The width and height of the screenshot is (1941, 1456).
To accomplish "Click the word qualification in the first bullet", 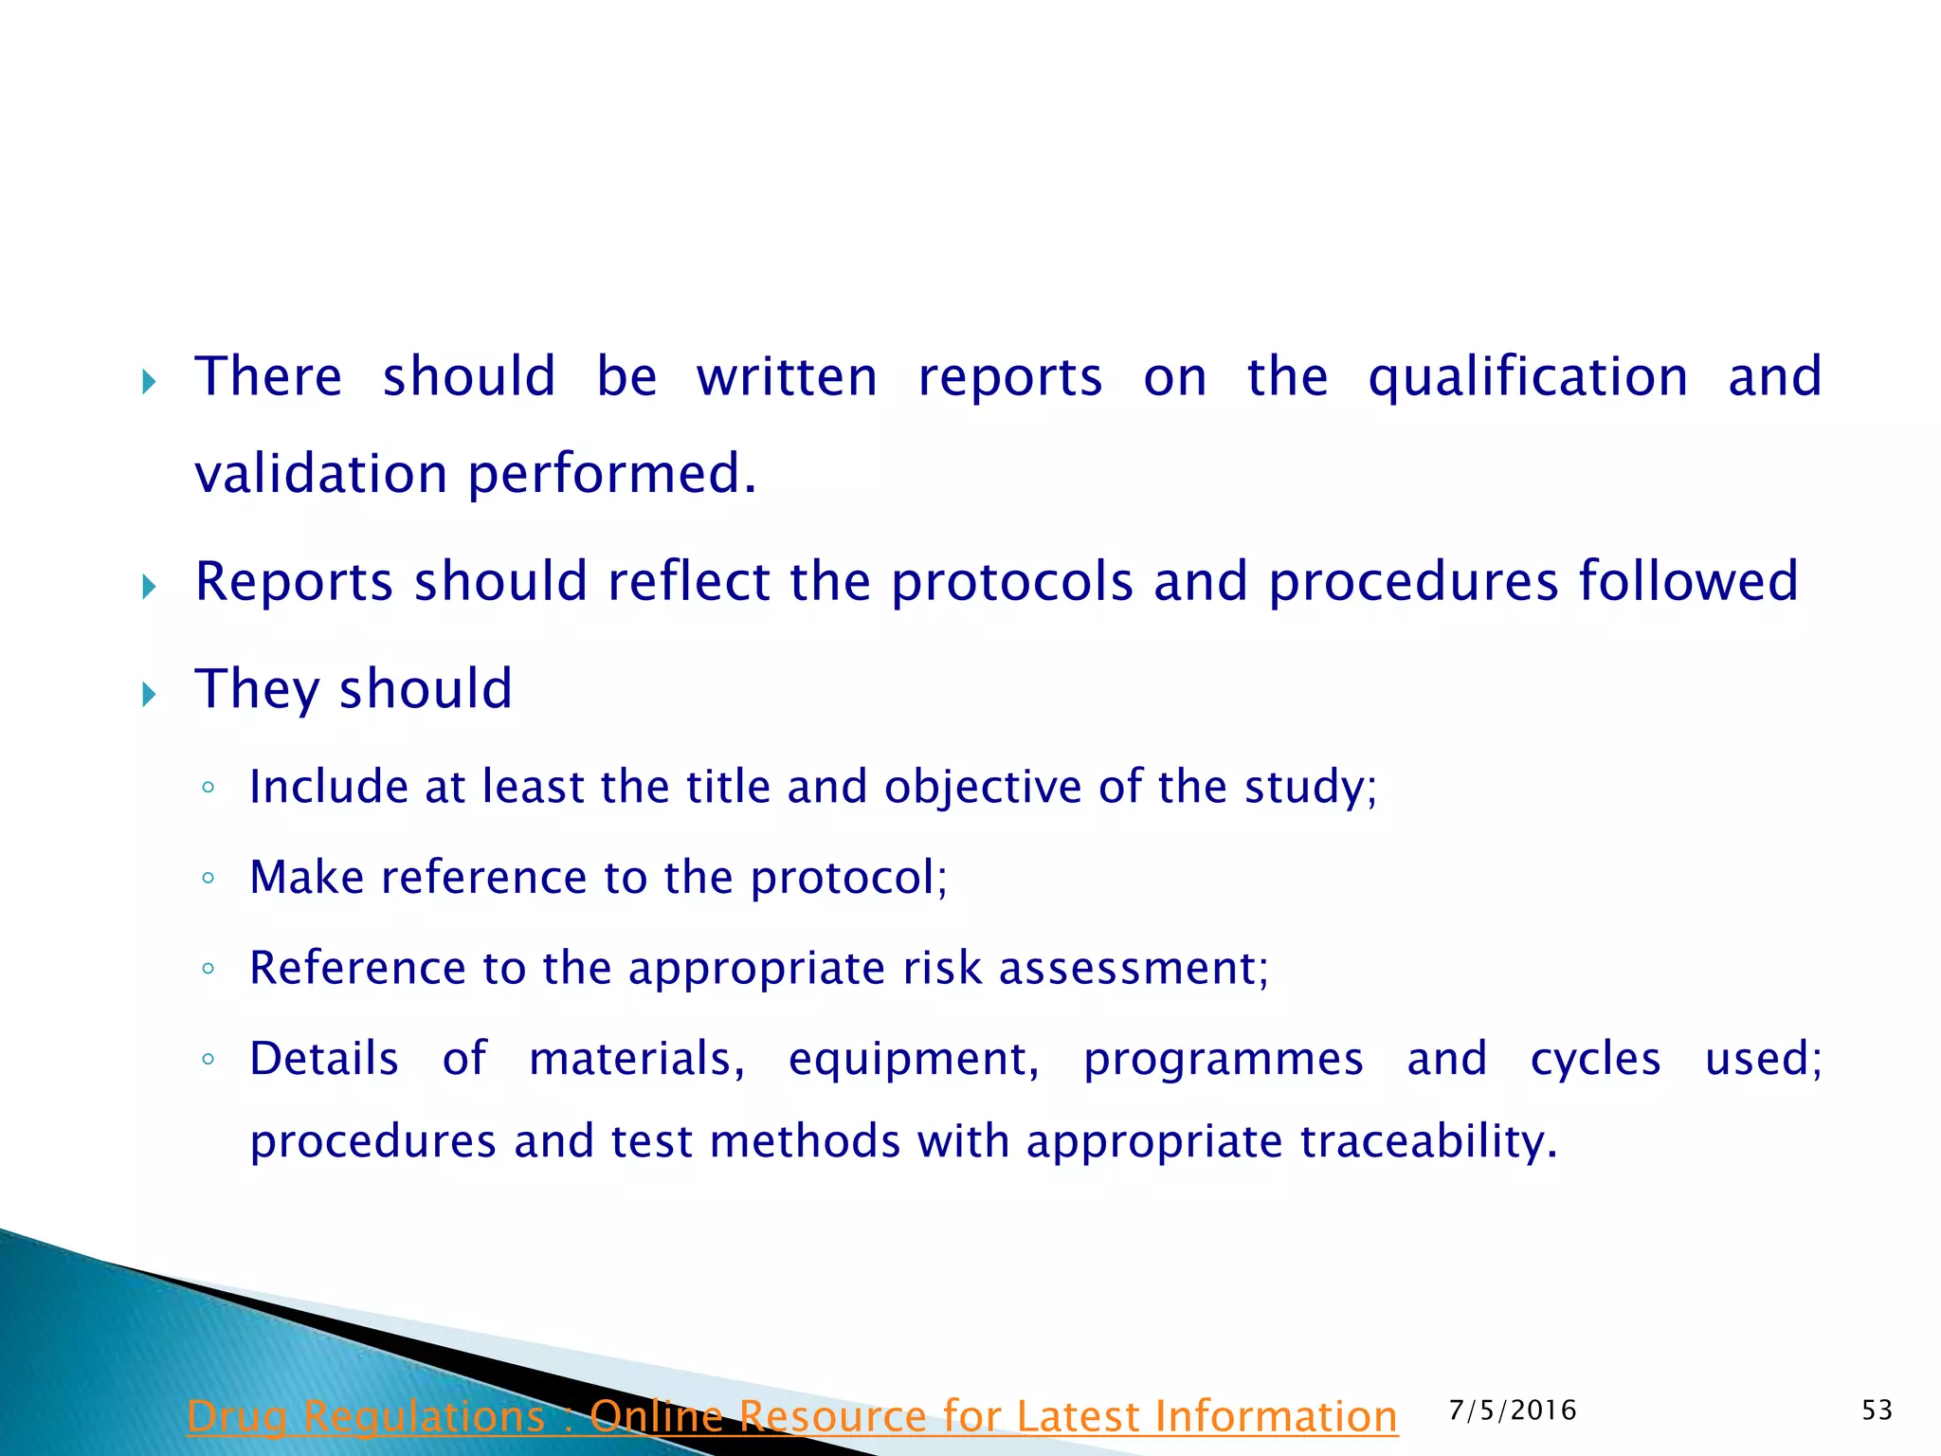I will [1528, 378].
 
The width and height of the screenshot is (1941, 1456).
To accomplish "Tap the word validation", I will [320, 474].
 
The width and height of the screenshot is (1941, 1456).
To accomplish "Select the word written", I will [787, 377].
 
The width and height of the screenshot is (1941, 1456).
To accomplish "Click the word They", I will [257, 689].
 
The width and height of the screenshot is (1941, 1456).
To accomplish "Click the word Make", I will [306, 877].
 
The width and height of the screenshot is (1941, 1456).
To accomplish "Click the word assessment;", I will [1134, 969].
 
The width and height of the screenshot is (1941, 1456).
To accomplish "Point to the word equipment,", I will [914, 1060].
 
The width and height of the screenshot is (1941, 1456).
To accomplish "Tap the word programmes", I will [1223, 1060].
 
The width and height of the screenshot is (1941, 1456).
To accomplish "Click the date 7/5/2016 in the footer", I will [1513, 1410].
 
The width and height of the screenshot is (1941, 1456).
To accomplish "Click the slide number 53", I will [1877, 1410].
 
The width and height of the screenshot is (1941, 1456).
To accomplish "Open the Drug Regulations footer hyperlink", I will [791, 1417].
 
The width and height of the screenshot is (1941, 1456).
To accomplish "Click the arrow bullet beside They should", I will [149, 695].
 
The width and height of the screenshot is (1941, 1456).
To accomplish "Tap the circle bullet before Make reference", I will [209, 878].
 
